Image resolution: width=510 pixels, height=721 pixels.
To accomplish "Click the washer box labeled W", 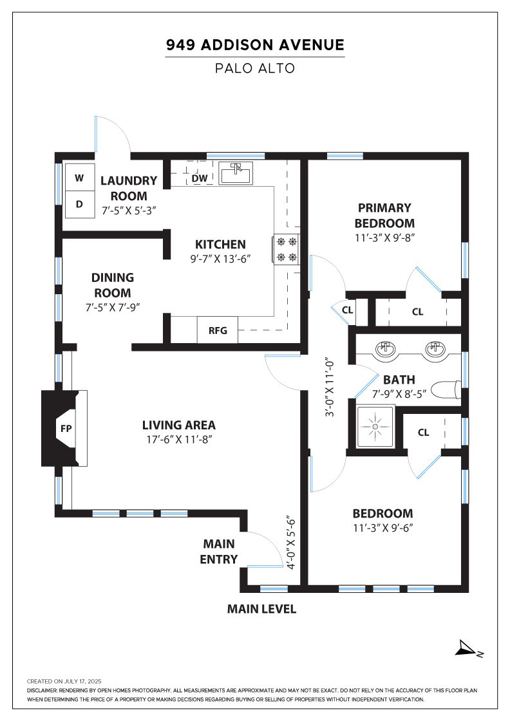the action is pyautogui.click(x=80, y=178).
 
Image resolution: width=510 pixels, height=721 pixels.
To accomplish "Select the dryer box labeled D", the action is pyautogui.click(x=80, y=204).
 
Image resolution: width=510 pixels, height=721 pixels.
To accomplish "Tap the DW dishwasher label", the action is pyautogui.click(x=200, y=178).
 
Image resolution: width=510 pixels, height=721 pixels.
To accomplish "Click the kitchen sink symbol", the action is pyautogui.click(x=236, y=173).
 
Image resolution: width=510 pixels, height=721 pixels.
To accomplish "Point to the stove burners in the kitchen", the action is pyautogui.click(x=287, y=249).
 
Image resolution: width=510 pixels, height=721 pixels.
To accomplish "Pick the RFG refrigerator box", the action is pyautogui.click(x=218, y=330).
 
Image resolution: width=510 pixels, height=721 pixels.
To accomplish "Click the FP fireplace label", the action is pyautogui.click(x=66, y=429).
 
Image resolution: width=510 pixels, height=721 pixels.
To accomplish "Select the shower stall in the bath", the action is pyautogui.click(x=375, y=427).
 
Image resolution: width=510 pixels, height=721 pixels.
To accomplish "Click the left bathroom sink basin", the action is pyautogui.click(x=385, y=350).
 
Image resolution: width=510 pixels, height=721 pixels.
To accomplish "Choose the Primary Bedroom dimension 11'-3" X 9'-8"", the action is pyautogui.click(x=385, y=238).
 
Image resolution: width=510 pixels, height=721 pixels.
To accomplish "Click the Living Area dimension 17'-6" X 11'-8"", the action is pyautogui.click(x=179, y=439).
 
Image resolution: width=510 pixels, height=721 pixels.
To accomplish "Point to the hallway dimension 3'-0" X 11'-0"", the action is pyautogui.click(x=330, y=387).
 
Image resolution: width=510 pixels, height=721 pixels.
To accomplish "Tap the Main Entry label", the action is pyautogui.click(x=219, y=551).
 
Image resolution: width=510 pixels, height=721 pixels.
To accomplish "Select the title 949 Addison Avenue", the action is pyautogui.click(x=255, y=44).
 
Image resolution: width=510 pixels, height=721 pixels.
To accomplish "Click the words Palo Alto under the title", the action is pyautogui.click(x=255, y=68).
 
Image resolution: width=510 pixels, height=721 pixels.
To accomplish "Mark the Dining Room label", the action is pyautogui.click(x=113, y=285).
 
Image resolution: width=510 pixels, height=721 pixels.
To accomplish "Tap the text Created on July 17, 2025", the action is pyautogui.click(x=64, y=682).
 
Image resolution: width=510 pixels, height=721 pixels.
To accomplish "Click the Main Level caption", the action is pyautogui.click(x=261, y=609).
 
